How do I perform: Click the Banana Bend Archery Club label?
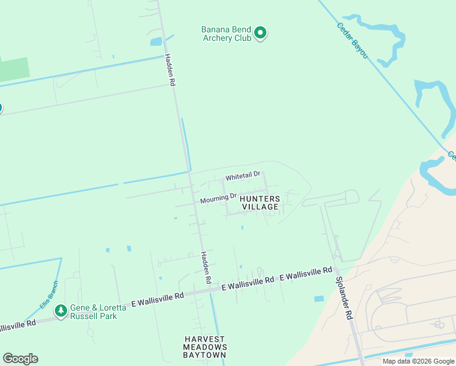tap(226, 33)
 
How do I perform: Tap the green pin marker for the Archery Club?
tap(260, 32)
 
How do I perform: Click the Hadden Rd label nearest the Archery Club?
tap(169, 70)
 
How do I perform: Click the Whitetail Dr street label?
tap(243, 176)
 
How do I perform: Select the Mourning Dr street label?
tap(218, 198)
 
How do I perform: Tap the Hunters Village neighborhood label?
tap(260, 203)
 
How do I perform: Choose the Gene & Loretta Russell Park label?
tap(98, 312)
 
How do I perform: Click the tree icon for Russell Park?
tap(60, 311)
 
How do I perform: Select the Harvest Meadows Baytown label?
tap(205, 347)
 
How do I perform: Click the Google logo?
tap(20, 359)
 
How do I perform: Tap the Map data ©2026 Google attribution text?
tap(418, 361)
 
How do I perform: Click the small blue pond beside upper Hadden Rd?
tap(156, 41)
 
